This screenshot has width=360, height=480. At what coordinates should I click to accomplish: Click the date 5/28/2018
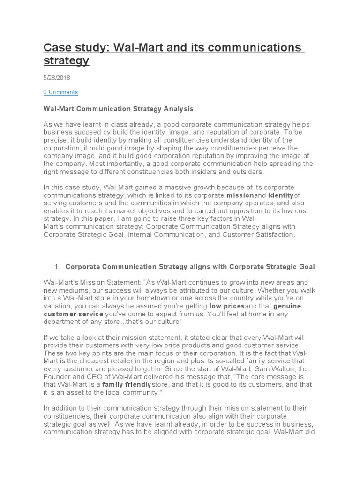[x=57, y=78]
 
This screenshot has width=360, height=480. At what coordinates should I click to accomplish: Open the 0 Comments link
[x=60, y=92]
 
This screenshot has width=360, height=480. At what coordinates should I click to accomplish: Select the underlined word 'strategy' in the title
[x=66, y=61]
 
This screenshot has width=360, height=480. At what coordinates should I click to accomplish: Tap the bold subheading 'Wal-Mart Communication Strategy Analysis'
[x=118, y=109]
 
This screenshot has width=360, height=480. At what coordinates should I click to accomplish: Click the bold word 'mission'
[x=240, y=195]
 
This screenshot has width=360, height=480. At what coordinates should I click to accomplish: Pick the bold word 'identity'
[x=280, y=195]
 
